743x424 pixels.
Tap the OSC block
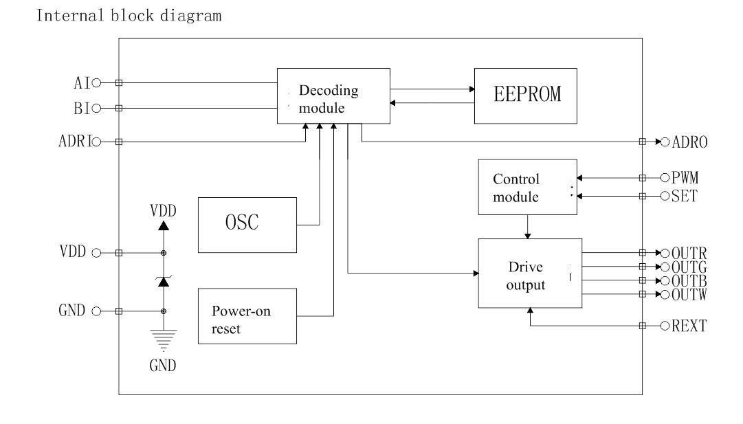pos(247,225)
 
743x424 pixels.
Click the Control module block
pos(527,187)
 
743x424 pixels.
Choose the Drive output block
pos(530,274)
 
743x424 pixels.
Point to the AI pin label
pos(80,82)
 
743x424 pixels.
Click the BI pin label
pos(80,108)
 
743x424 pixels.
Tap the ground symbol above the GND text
pos(164,339)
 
